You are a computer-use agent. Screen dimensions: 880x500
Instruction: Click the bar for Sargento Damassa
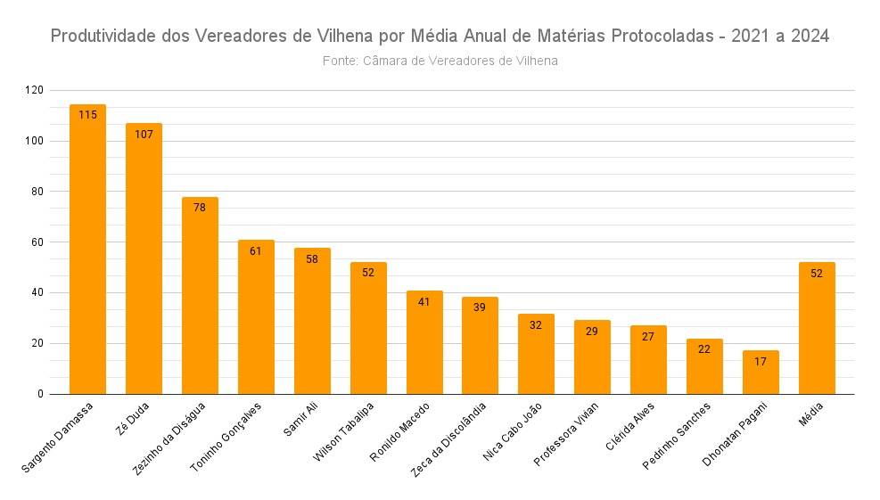pyautogui.click(x=87, y=250)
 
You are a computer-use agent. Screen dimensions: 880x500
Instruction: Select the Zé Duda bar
pyautogui.click(x=144, y=258)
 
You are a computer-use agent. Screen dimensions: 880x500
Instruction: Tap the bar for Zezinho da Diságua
pyautogui.click(x=200, y=296)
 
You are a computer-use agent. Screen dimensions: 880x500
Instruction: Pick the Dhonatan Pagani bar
pyautogui.click(x=761, y=373)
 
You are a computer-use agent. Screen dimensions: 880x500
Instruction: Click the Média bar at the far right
pyautogui.click(x=817, y=328)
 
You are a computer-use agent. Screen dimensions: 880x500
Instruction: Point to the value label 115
pyautogui.click(x=87, y=115)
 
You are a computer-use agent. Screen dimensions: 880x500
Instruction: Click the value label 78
pyautogui.click(x=200, y=208)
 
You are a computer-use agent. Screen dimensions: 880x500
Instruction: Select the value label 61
pyautogui.click(x=256, y=251)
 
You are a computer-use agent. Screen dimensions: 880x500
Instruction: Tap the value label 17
pyautogui.click(x=761, y=362)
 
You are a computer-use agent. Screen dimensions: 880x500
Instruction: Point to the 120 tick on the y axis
pyautogui.click(x=34, y=90)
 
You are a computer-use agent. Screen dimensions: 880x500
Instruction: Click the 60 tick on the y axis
pyautogui.click(x=37, y=242)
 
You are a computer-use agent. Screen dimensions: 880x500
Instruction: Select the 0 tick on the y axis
pyautogui.click(x=40, y=394)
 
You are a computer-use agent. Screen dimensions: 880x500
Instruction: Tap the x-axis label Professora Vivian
pyautogui.click(x=566, y=434)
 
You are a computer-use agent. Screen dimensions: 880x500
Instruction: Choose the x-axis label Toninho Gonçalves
pyautogui.click(x=226, y=437)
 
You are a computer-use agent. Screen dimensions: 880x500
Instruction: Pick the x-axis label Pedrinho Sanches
pyautogui.click(x=677, y=436)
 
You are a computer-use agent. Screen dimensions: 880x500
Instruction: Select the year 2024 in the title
pyautogui.click(x=810, y=36)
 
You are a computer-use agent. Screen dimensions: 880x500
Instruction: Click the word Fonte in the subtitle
pyautogui.click(x=340, y=61)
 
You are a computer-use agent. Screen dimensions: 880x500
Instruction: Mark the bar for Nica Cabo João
pyautogui.click(x=536, y=354)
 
